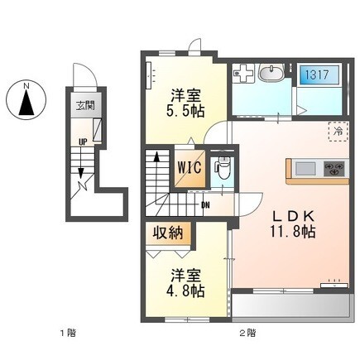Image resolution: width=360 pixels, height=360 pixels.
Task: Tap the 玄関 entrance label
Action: tap(85, 105)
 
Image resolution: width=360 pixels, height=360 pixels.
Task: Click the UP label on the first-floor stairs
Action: tap(83, 142)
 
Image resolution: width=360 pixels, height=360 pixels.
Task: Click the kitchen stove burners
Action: tap(333, 170)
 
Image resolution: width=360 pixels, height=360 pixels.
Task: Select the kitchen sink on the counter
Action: tap(305, 170)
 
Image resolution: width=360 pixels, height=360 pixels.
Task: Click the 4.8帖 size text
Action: tap(186, 290)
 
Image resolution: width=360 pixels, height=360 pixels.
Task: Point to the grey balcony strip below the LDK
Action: tap(289, 309)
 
